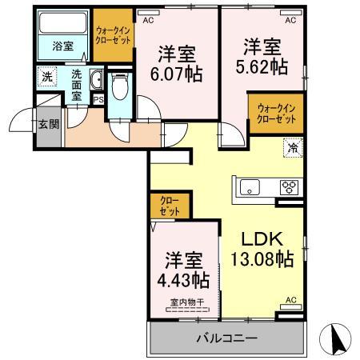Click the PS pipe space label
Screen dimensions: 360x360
pyautogui.click(x=98, y=99)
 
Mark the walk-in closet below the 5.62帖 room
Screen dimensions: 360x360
pyautogui.click(x=276, y=113)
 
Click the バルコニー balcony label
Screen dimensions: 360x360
pyautogui.click(x=226, y=338)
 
